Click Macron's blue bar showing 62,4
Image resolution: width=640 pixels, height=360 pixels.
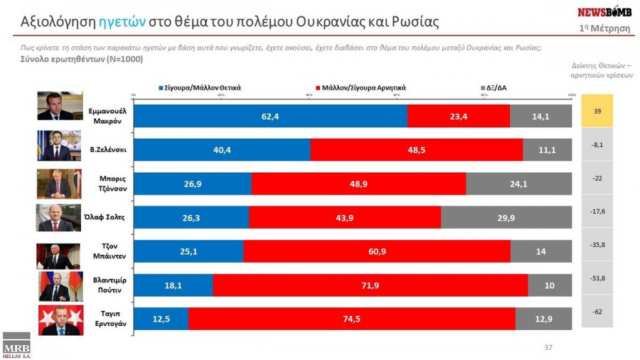270,116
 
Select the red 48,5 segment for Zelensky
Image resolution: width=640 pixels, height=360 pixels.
417,150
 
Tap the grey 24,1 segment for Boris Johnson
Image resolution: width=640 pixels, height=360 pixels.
518,184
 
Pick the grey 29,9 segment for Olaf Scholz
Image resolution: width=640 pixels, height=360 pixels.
506,218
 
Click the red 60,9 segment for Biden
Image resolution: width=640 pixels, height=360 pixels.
377,251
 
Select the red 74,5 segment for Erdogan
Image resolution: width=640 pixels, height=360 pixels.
351,319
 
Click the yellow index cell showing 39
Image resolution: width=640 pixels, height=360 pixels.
597,111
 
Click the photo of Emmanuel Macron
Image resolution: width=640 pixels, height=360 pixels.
60,106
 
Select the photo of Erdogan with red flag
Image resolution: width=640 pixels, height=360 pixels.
60,320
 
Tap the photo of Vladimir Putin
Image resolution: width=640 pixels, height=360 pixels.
60,286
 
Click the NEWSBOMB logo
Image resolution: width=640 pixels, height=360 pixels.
604,12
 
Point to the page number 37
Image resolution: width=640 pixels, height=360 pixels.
548,348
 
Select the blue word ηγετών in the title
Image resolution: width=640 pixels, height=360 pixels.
122,22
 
